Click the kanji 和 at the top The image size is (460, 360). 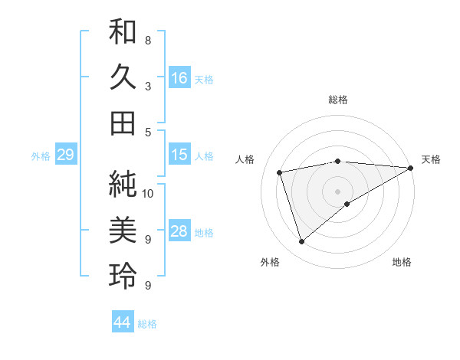click(123, 32)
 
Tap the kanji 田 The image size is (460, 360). click(123, 123)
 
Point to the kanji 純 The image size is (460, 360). click(123, 183)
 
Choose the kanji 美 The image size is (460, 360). click(123, 230)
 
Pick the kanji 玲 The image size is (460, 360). click(123, 276)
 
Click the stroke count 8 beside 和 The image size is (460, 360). click(147, 40)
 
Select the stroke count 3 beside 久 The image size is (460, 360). click(147, 86)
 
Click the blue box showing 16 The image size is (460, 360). click(179, 78)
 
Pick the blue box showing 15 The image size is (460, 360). click(179, 155)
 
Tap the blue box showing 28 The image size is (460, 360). click(179, 231)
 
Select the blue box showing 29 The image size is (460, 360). click(65, 155)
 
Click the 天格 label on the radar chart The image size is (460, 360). click(431, 159)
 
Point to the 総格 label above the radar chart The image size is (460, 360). click(337, 100)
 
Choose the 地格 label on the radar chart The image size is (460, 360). click(402, 262)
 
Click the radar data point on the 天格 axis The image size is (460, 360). click(410, 168)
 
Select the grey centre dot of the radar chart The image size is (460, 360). click(337, 191)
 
